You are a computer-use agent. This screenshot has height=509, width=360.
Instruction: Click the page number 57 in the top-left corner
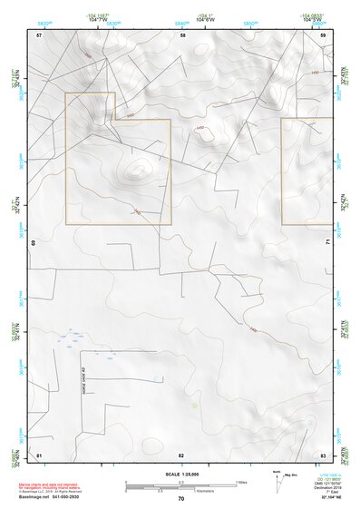point(39,34)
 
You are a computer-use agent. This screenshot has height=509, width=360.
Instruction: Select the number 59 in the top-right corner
point(323,34)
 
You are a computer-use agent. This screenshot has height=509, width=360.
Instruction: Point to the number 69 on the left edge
point(34,243)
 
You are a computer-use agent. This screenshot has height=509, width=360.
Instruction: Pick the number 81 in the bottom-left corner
point(39,454)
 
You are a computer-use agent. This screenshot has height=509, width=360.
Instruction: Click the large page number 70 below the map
point(181,498)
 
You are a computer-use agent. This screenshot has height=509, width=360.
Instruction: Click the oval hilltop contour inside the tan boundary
point(139,168)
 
